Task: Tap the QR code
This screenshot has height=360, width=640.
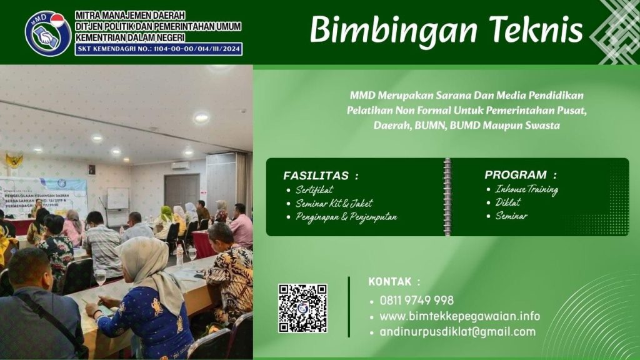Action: pyautogui.click(x=302, y=308)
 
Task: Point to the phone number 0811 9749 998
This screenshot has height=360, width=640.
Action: pyautogui.click(x=416, y=301)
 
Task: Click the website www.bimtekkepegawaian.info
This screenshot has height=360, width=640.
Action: pyautogui.click(x=459, y=316)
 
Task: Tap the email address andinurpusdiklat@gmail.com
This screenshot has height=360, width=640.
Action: pyautogui.click(x=457, y=332)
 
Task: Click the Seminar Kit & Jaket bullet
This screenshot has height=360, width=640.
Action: pyautogui.click(x=334, y=203)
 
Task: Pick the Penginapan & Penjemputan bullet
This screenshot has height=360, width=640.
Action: pyautogui.click(x=346, y=217)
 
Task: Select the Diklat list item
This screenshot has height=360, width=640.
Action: pyautogui.click(x=507, y=202)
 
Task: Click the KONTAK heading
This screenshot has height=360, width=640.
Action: pyautogui.click(x=394, y=282)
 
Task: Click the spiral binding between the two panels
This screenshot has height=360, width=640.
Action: pyautogui.click(x=447, y=197)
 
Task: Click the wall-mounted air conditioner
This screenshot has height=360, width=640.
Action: pyautogui.click(x=181, y=166)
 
